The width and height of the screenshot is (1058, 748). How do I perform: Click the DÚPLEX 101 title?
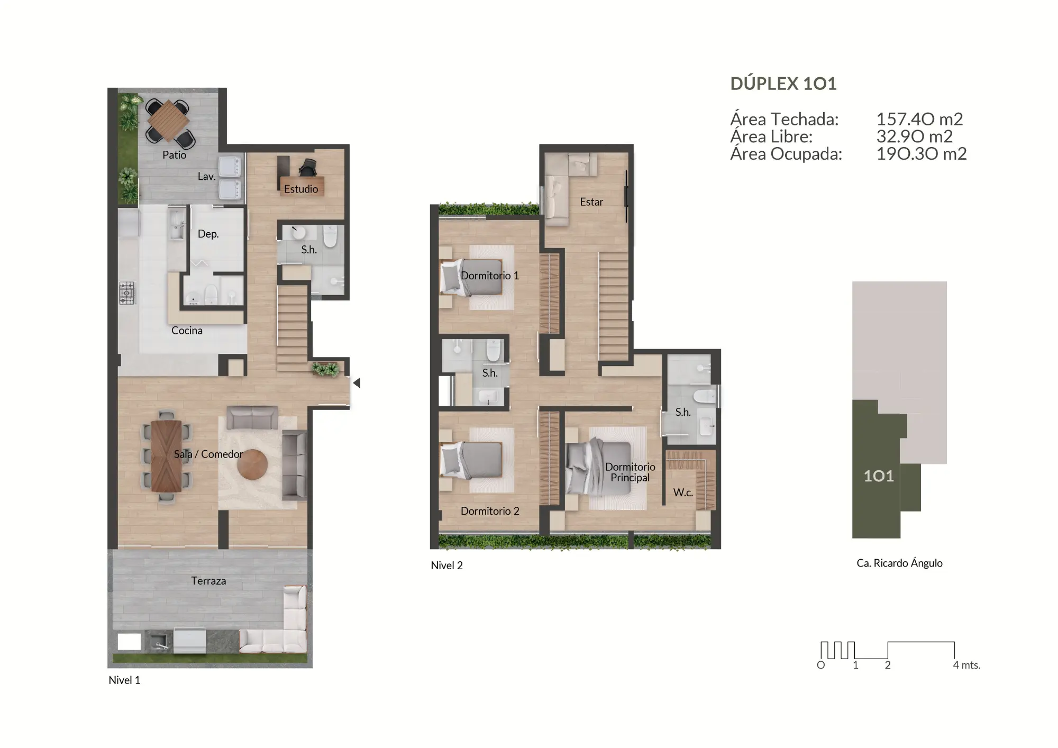783,84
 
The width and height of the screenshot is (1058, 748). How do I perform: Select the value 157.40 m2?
919,119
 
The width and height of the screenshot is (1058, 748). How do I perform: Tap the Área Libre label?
771,136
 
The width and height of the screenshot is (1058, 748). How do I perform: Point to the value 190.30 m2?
922,154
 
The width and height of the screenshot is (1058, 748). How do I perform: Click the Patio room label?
174,155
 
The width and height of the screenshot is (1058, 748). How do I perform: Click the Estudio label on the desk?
301,189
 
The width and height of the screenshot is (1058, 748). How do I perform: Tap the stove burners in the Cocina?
127,293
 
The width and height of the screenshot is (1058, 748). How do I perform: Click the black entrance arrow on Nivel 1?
357,382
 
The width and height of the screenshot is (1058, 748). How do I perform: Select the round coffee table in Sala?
252,464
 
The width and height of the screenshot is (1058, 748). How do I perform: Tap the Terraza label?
208,581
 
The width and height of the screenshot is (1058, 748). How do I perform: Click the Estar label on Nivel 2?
591,202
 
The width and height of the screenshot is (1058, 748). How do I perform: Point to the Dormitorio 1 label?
489,276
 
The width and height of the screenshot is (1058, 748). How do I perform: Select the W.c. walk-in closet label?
682,492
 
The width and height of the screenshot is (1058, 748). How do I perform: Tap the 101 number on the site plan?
879,476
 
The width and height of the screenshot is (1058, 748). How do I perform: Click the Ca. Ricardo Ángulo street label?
899,563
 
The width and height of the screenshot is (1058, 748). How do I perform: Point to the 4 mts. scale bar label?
966,665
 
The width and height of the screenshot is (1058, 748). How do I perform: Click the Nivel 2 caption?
446,565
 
